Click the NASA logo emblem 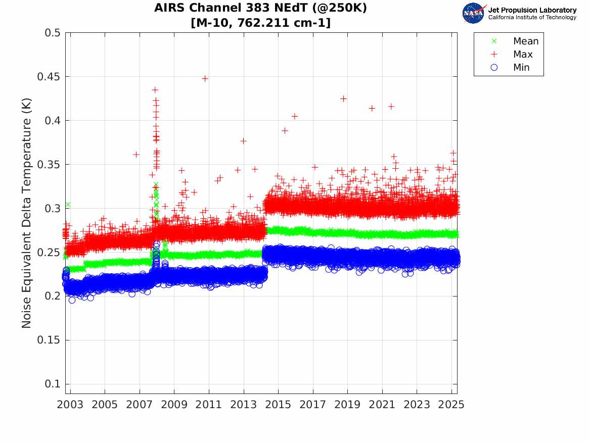point(474,13)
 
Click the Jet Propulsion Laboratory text point(532,10)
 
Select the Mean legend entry point(525,41)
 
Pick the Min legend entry point(521,67)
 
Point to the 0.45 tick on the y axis point(49,77)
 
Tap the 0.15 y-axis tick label point(49,340)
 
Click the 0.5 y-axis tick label point(53,33)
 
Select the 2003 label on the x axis point(70,405)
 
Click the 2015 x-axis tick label point(278,405)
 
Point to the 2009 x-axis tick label point(174,405)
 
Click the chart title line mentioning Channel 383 point(260,9)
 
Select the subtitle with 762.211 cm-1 point(260,23)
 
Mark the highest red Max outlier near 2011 point(205,78)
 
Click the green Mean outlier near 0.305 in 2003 point(67,205)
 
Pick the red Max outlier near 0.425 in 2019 point(343,99)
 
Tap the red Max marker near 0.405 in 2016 point(295,116)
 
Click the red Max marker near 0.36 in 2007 point(136,154)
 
